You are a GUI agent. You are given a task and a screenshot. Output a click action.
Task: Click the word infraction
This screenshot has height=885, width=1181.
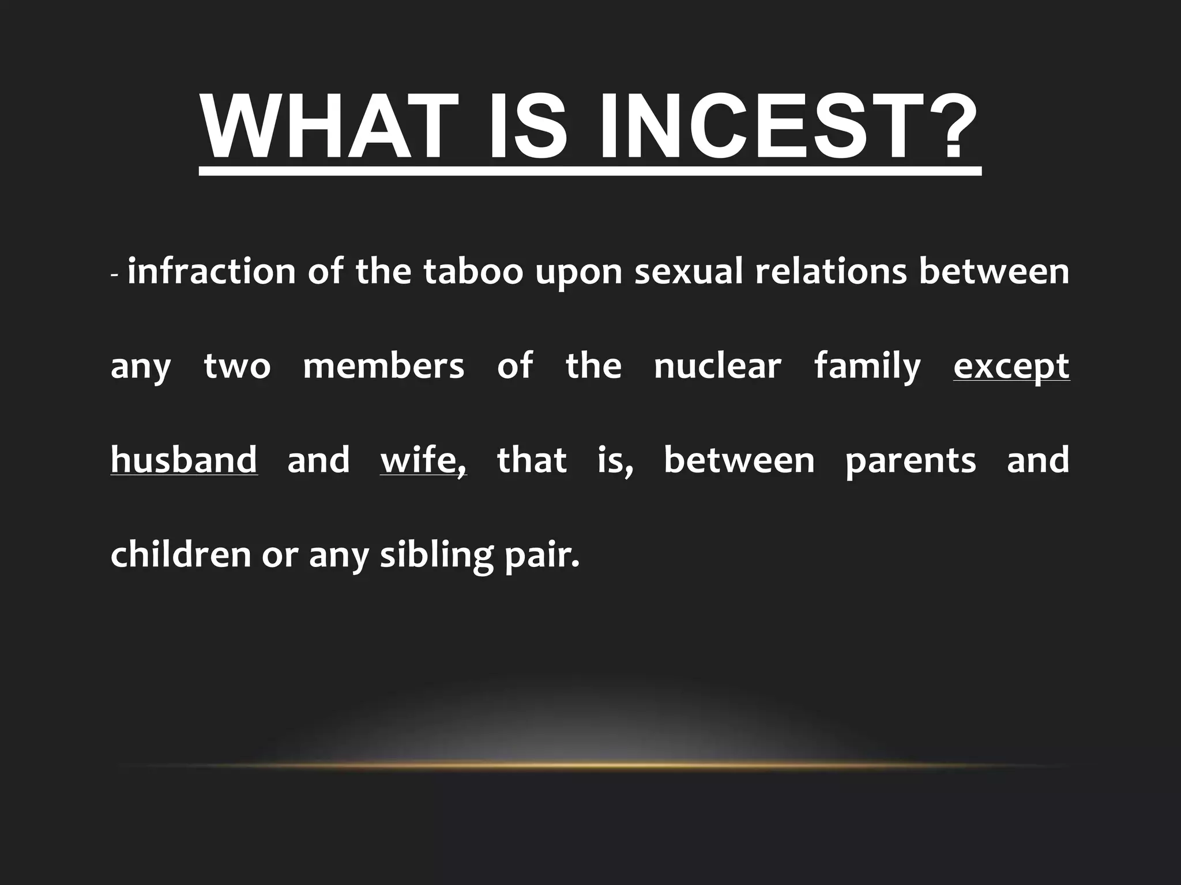(x=211, y=271)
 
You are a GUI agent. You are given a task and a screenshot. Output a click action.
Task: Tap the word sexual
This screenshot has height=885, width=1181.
(x=689, y=271)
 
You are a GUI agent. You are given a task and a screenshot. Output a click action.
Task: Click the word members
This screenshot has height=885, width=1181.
(x=383, y=366)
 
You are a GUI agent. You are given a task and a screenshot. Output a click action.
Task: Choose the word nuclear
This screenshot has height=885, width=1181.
(x=717, y=366)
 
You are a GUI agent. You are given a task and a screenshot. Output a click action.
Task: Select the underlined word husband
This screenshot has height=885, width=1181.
(x=183, y=460)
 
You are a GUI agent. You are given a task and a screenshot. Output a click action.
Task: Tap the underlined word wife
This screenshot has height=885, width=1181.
(x=422, y=460)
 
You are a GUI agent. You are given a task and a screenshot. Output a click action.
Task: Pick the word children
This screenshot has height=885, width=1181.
(x=180, y=554)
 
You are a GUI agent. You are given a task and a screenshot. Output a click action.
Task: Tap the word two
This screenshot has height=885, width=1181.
(x=237, y=366)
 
